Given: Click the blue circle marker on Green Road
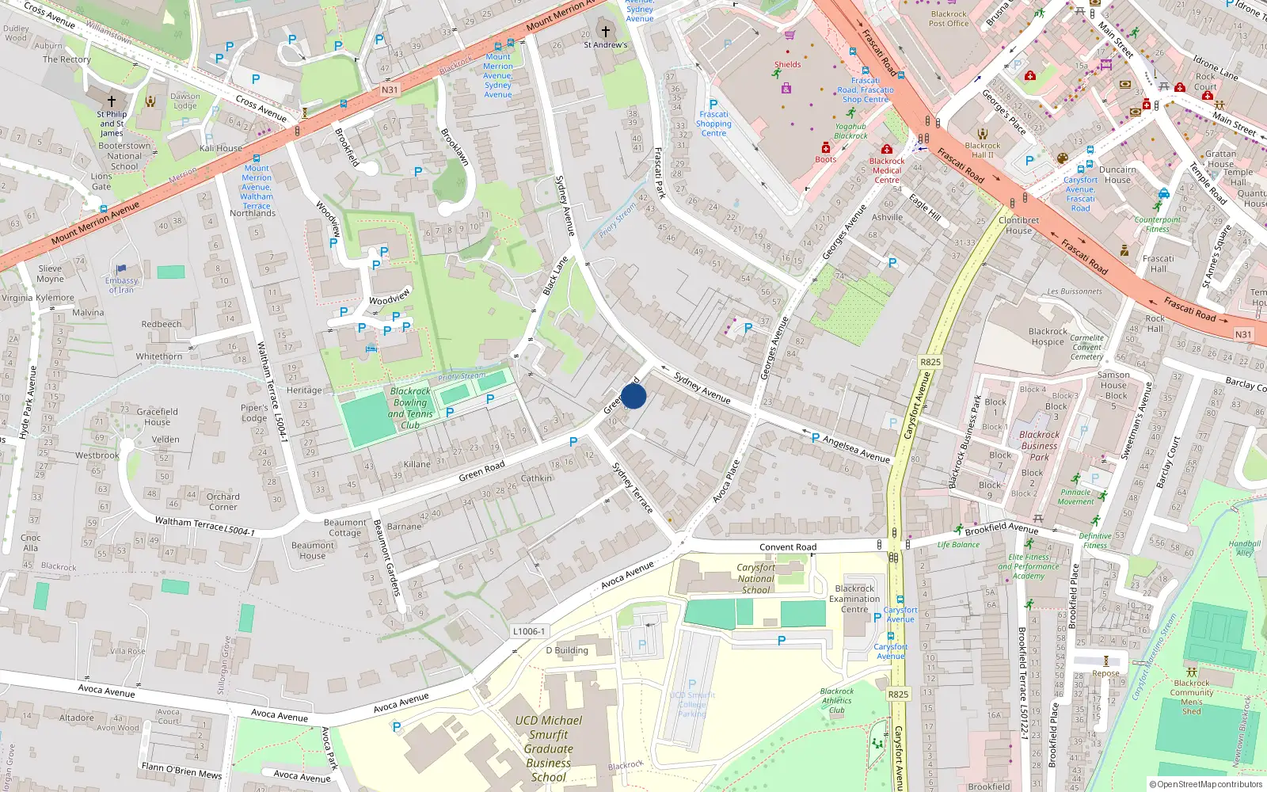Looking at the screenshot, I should pos(633,396).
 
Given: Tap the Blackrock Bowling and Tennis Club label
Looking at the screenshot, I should pos(410,408).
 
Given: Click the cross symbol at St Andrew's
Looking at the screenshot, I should pos(606,32).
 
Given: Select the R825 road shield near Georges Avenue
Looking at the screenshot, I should pos(930,362).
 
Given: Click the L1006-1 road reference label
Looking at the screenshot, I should pos(528,631).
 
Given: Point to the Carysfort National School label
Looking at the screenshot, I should pos(755,578).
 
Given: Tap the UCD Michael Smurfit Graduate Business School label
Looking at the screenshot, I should pos(548,748).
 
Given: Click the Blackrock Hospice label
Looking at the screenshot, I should pos(1048,337).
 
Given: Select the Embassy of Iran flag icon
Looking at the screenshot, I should pos(121,269).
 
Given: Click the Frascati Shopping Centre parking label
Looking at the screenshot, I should pos(713,119).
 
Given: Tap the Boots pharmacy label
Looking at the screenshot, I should pos(825,159).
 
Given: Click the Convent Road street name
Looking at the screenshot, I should pos(787,547).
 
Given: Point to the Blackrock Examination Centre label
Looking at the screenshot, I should pos(854,599).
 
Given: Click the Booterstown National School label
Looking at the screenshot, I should pos(124,156).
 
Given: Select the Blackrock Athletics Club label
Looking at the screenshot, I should pos(837,700).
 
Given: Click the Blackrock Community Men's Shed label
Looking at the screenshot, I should pos(1192,697).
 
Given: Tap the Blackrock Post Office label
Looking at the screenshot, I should pos(949,18).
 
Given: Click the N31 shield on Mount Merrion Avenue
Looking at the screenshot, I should pos(390,89).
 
